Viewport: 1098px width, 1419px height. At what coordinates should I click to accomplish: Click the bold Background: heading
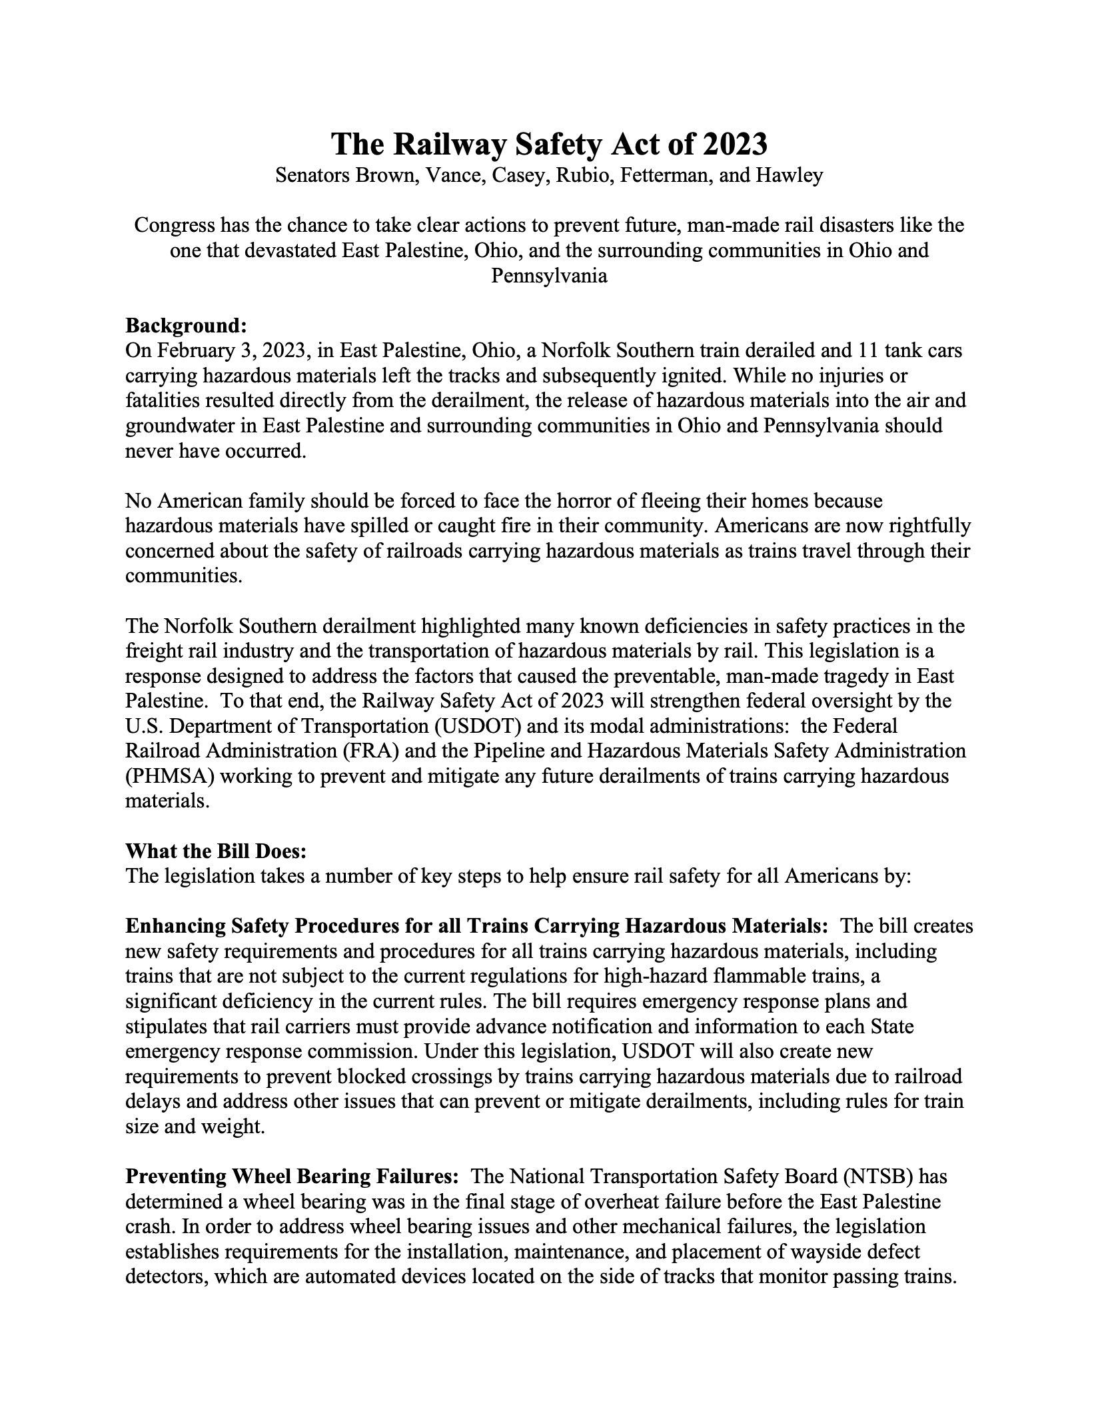pyautogui.click(x=187, y=326)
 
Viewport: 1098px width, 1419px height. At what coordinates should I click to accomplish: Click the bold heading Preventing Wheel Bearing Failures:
pyautogui.click(x=292, y=1177)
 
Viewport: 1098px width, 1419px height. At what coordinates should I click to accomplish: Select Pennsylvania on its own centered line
pyautogui.click(x=549, y=276)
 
